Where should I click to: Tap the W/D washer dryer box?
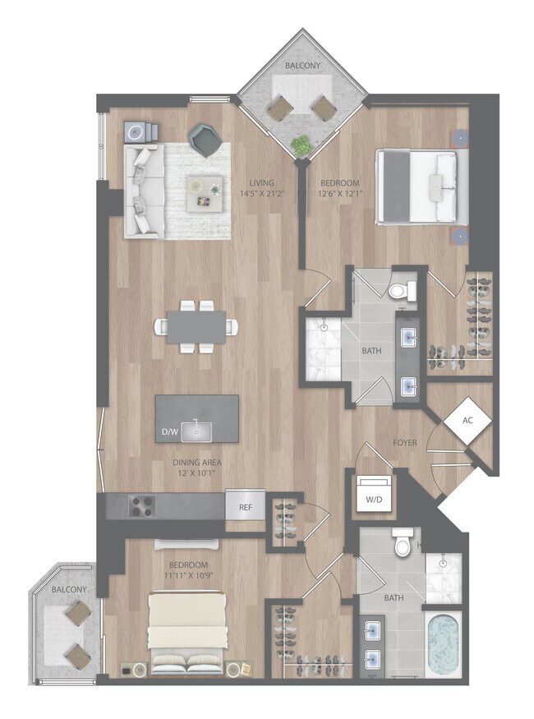tap(373, 496)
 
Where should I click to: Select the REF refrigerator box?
tap(245, 508)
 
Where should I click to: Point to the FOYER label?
tap(404, 443)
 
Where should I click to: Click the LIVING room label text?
tap(262, 182)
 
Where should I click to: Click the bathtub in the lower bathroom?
tap(444, 644)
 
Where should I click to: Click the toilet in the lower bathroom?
tap(402, 544)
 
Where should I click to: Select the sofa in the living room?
tap(141, 190)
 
